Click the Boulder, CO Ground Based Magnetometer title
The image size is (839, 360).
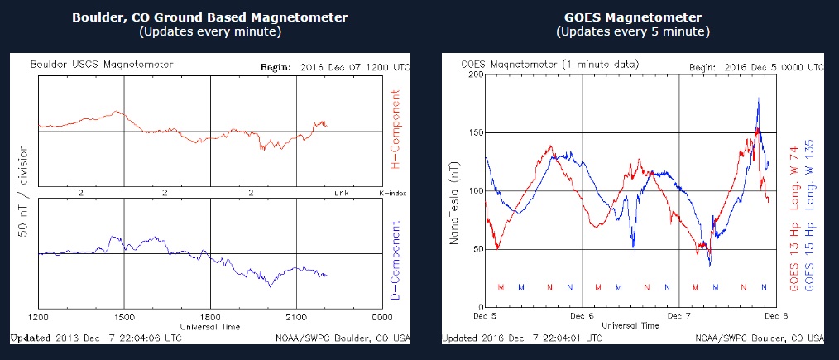coord(209,17)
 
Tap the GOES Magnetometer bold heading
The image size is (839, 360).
coord(632,17)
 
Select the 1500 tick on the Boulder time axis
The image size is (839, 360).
coord(124,317)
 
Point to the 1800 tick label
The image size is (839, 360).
coord(210,317)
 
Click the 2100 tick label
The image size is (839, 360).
coord(296,317)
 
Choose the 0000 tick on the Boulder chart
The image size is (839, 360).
coord(381,317)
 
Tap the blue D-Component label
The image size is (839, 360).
coord(395,259)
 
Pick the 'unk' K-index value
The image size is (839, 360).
coord(339,193)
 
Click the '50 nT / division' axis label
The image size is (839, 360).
coord(23,192)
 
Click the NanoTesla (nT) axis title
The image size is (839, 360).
coord(453,191)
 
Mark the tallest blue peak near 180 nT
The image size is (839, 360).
coord(759,98)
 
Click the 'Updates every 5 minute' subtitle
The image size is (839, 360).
coord(632,32)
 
